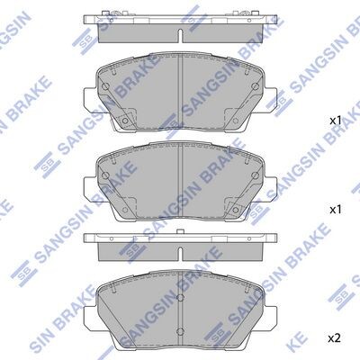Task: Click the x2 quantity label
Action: coord(334,338)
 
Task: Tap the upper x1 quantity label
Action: coord(336,121)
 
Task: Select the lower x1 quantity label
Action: coord(336,210)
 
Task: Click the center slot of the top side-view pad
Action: coord(180,36)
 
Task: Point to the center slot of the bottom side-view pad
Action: coord(180,254)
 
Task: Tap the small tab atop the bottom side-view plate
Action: coord(180,231)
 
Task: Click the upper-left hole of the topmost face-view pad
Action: coord(105,86)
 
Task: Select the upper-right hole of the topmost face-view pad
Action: coord(255,86)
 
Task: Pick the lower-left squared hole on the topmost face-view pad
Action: coord(125,121)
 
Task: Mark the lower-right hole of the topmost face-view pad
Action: coord(235,121)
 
